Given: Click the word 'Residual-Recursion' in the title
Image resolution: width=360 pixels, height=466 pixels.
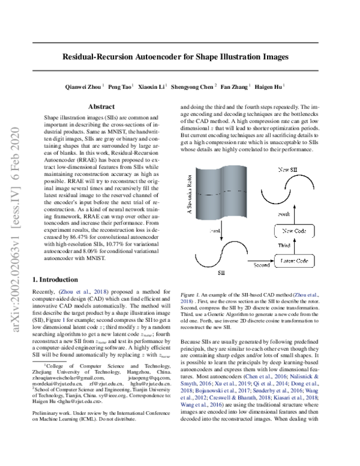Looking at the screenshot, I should point(101,58).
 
